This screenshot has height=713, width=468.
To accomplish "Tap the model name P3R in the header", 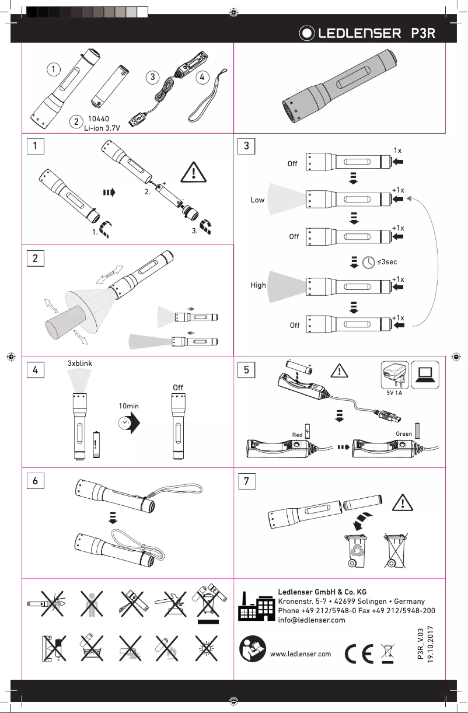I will click(x=423, y=34).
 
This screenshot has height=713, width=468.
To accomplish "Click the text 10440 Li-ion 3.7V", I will click(x=103, y=123).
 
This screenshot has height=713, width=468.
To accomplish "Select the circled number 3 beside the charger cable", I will click(x=152, y=76).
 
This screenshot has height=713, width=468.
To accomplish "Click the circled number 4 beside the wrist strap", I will click(x=201, y=76).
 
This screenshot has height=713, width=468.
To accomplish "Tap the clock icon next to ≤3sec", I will click(x=369, y=263).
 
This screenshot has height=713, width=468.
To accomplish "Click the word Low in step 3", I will click(x=258, y=200).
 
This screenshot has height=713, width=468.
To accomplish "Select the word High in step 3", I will click(x=258, y=285).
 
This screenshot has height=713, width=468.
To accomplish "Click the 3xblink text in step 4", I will click(x=81, y=363).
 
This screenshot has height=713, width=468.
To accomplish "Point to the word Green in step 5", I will click(x=404, y=434).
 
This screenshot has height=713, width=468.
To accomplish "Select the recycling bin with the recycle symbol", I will click(x=356, y=550).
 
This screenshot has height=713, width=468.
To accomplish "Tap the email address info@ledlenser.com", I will click(x=312, y=620).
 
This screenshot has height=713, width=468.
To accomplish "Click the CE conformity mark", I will click(x=358, y=653).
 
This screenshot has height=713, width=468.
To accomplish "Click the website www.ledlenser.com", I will click(x=302, y=653).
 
